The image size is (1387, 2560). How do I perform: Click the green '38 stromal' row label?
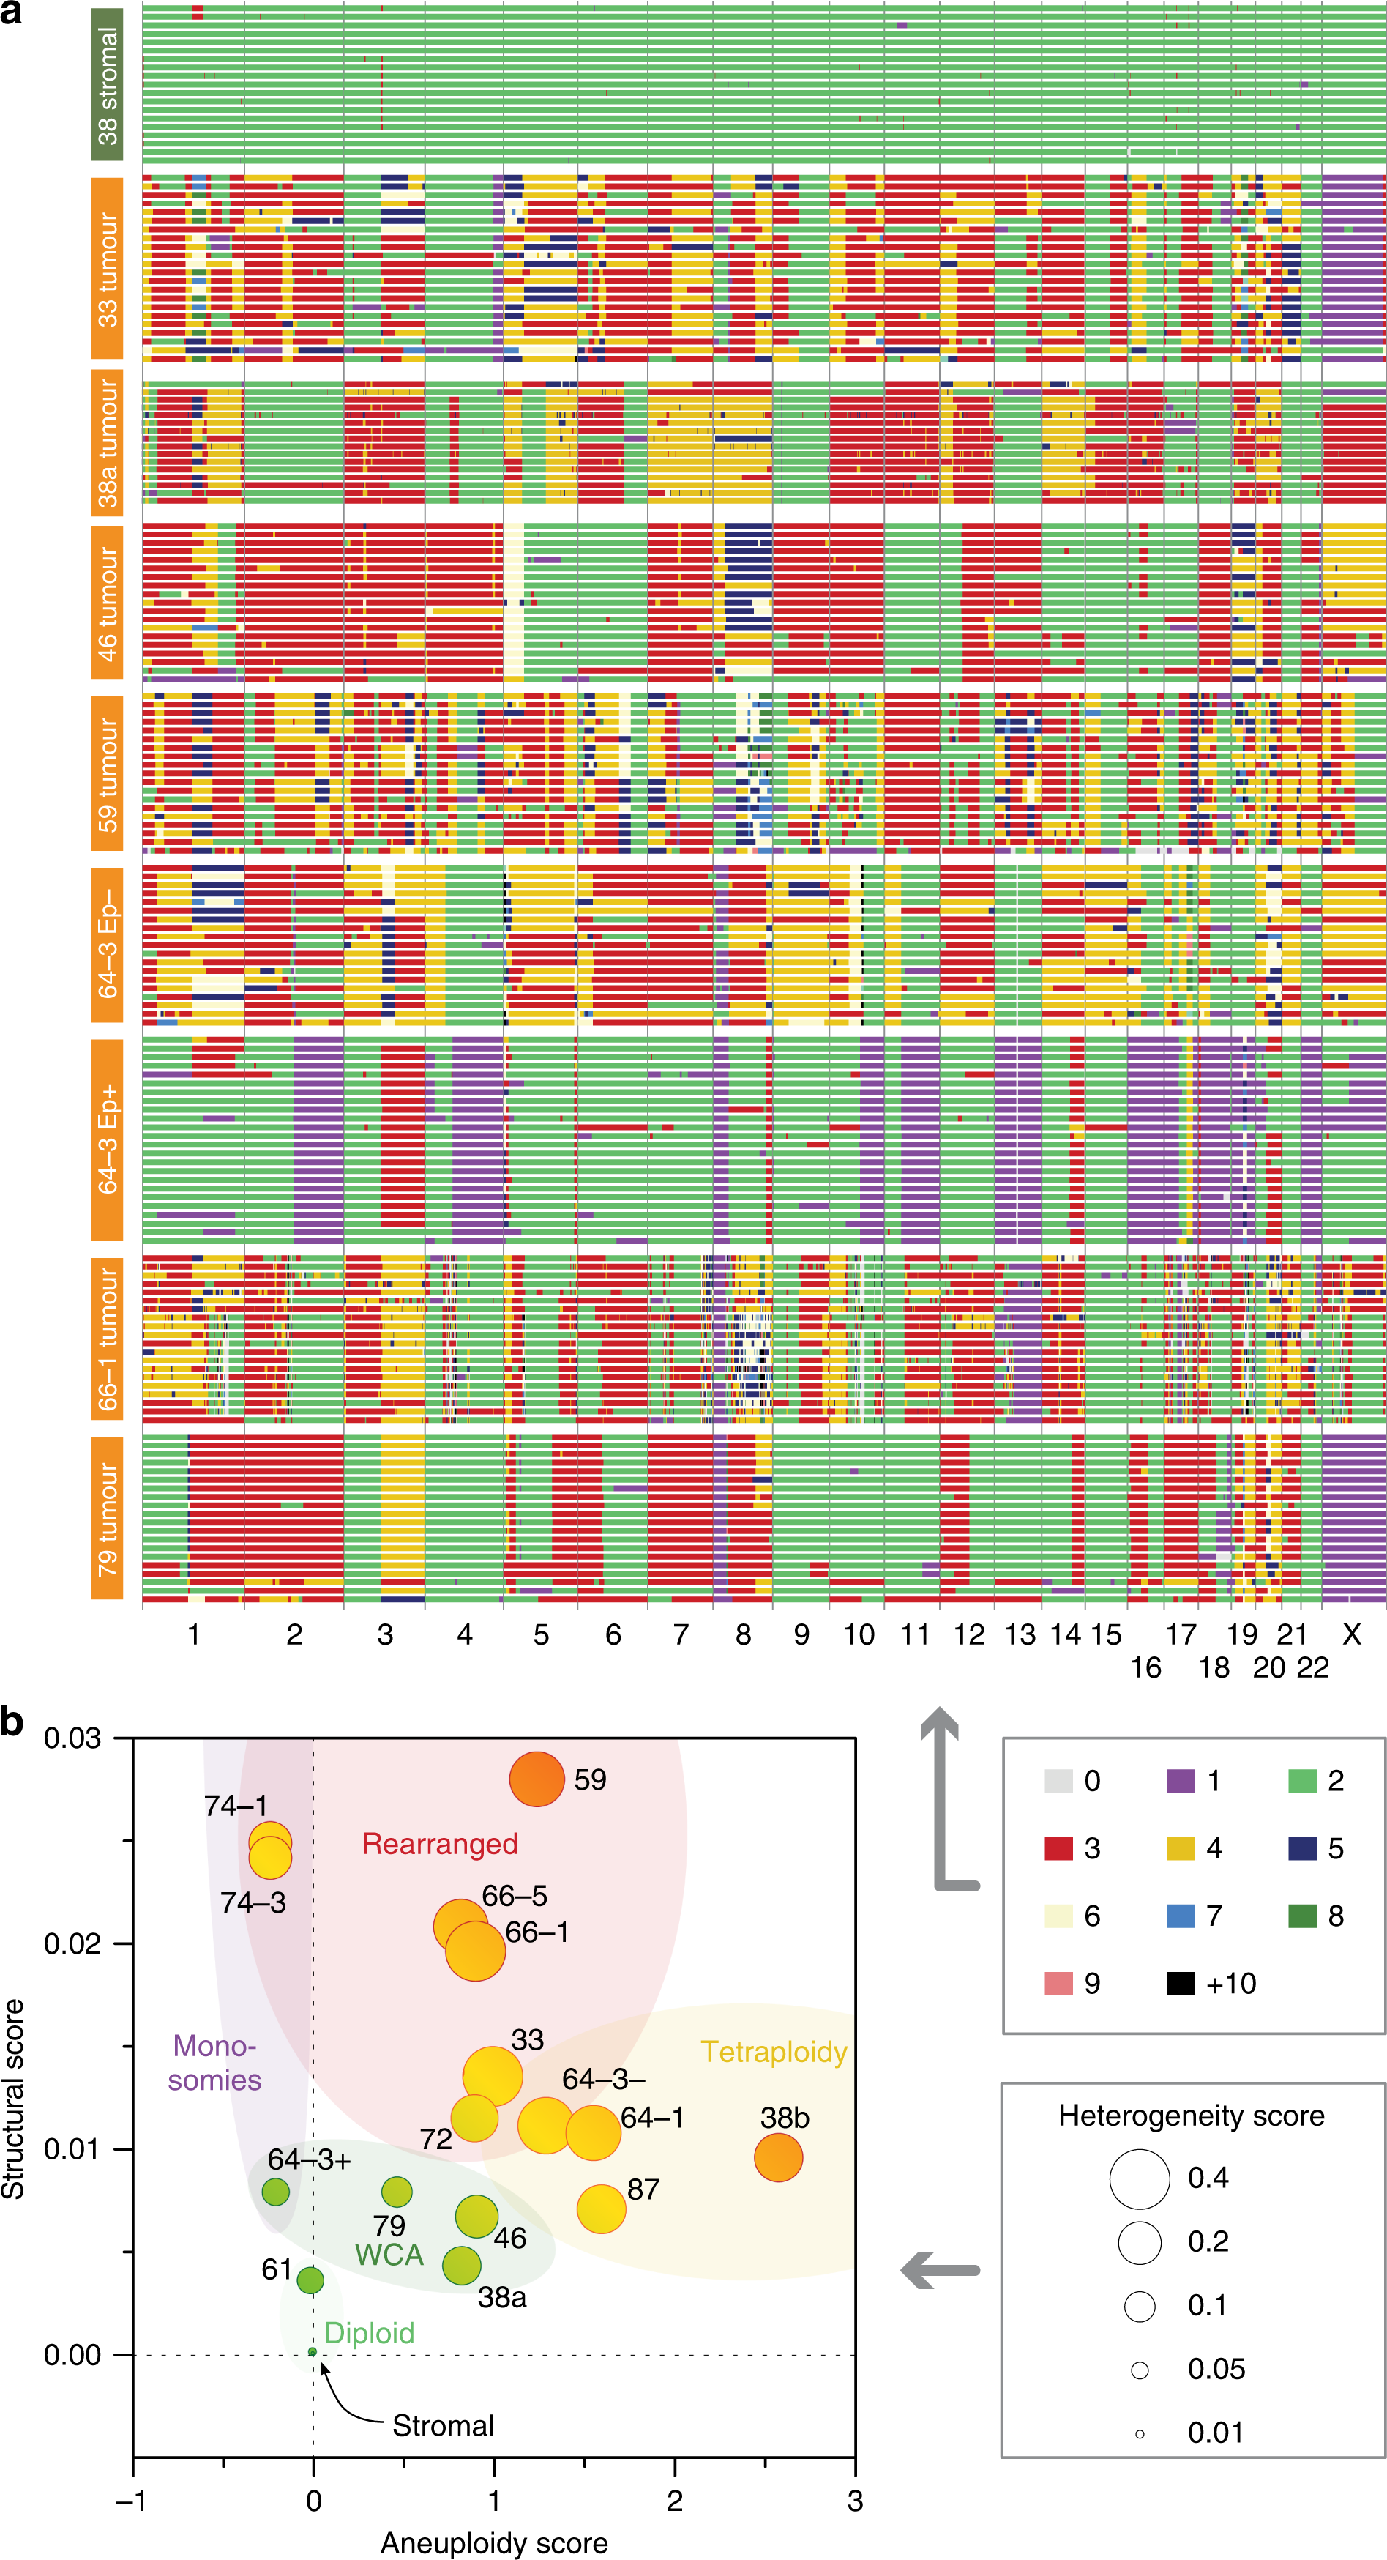(106, 84)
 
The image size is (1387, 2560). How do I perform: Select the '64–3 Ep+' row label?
(106, 1140)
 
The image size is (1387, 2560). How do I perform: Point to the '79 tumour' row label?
(106, 1517)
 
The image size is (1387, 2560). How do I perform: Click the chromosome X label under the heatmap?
(1351, 1634)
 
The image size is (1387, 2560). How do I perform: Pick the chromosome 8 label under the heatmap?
(743, 1634)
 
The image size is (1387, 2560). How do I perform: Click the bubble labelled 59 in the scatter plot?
(537, 1779)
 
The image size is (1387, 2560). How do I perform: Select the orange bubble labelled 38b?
(778, 2157)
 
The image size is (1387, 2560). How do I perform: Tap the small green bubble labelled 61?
(310, 2280)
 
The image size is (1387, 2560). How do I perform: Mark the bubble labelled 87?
(601, 2209)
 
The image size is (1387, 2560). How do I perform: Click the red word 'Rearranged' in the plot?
(439, 1844)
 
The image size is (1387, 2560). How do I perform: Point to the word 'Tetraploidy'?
(773, 2051)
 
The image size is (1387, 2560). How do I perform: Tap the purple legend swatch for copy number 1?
(1181, 1780)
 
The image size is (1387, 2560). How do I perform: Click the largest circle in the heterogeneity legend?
(1140, 2178)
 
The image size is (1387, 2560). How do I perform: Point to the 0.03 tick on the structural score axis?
(72, 1739)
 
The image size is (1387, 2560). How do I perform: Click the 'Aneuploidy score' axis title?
(494, 2542)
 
